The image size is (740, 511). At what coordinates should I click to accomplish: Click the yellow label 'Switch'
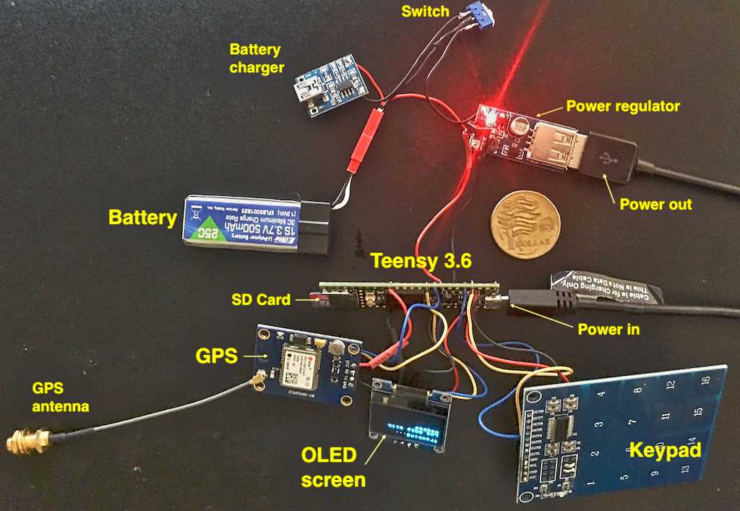point(426,12)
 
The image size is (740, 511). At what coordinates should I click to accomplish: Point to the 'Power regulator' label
point(623,106)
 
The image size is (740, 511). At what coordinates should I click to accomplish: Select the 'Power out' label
point(655,204)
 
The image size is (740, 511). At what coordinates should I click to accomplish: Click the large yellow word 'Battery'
point(142,218)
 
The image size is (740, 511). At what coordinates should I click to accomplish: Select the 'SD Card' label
point(261,299)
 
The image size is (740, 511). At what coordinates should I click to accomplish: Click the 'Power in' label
point(608,330)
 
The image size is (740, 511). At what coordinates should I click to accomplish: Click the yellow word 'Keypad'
point(666,451)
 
